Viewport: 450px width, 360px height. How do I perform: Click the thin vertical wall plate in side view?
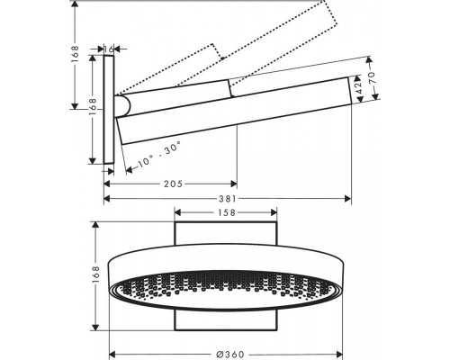109,108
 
